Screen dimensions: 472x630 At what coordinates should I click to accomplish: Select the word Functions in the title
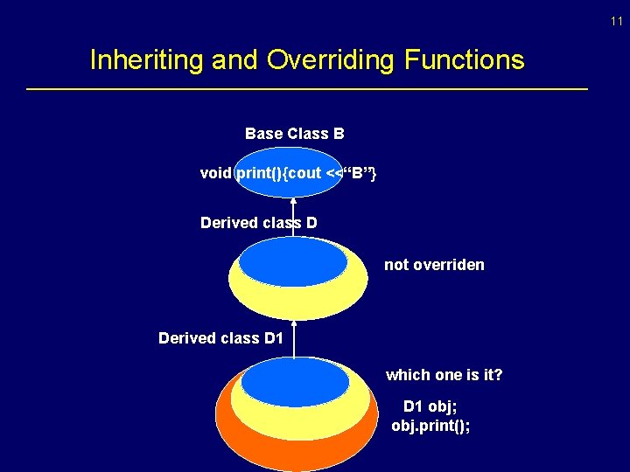point(465,60)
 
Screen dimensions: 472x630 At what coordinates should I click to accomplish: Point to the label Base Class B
point(294,134)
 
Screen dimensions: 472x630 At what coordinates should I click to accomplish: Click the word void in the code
point(215,173)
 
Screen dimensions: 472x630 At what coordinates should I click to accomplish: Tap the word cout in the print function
point(304,173)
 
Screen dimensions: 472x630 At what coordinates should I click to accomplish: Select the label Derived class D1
point(220,337)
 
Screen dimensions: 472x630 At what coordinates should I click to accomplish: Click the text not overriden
point(434,265)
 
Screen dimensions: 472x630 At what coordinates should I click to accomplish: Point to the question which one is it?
point(444,375)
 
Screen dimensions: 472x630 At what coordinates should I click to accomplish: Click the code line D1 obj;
point(430,406)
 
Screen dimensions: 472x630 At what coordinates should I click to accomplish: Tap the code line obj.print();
point(430,426)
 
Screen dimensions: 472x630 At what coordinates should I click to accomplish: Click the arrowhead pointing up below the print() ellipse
point(293,201)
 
